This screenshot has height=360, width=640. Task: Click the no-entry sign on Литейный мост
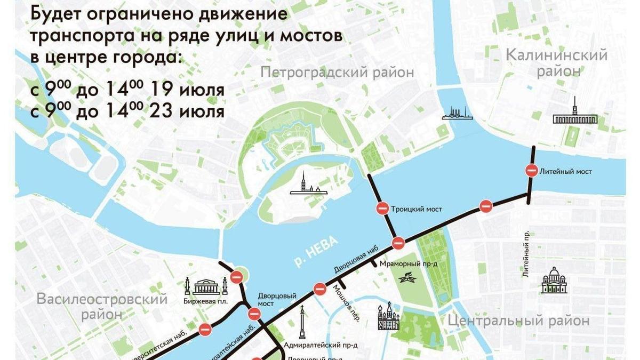pos(532,171)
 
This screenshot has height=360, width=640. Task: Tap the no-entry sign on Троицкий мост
pos(382,209)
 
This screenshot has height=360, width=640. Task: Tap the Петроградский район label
pos(337,72)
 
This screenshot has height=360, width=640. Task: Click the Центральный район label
pos(518,321)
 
